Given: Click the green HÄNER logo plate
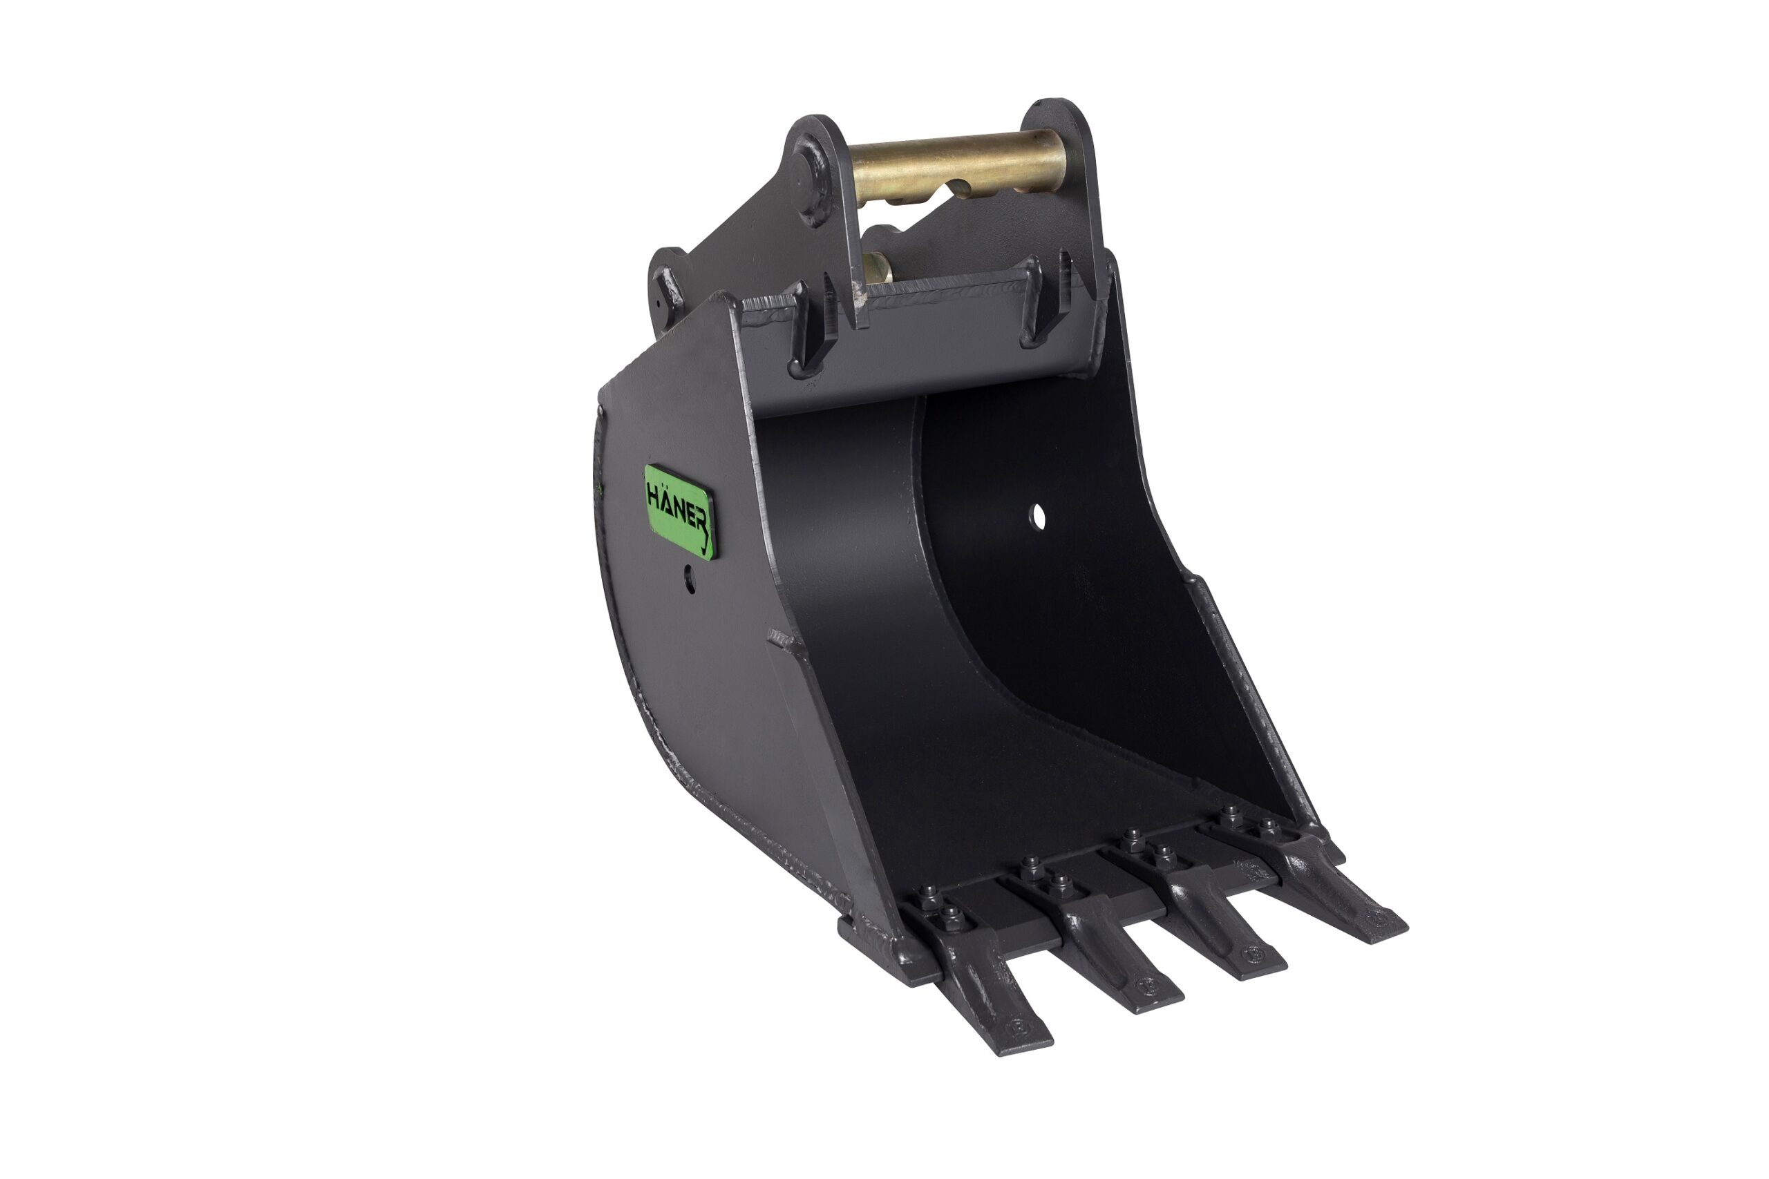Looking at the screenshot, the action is pos(679,511).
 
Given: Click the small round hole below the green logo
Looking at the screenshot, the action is pos(690,579).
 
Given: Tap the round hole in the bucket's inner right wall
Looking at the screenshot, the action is pos(1038,517).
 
